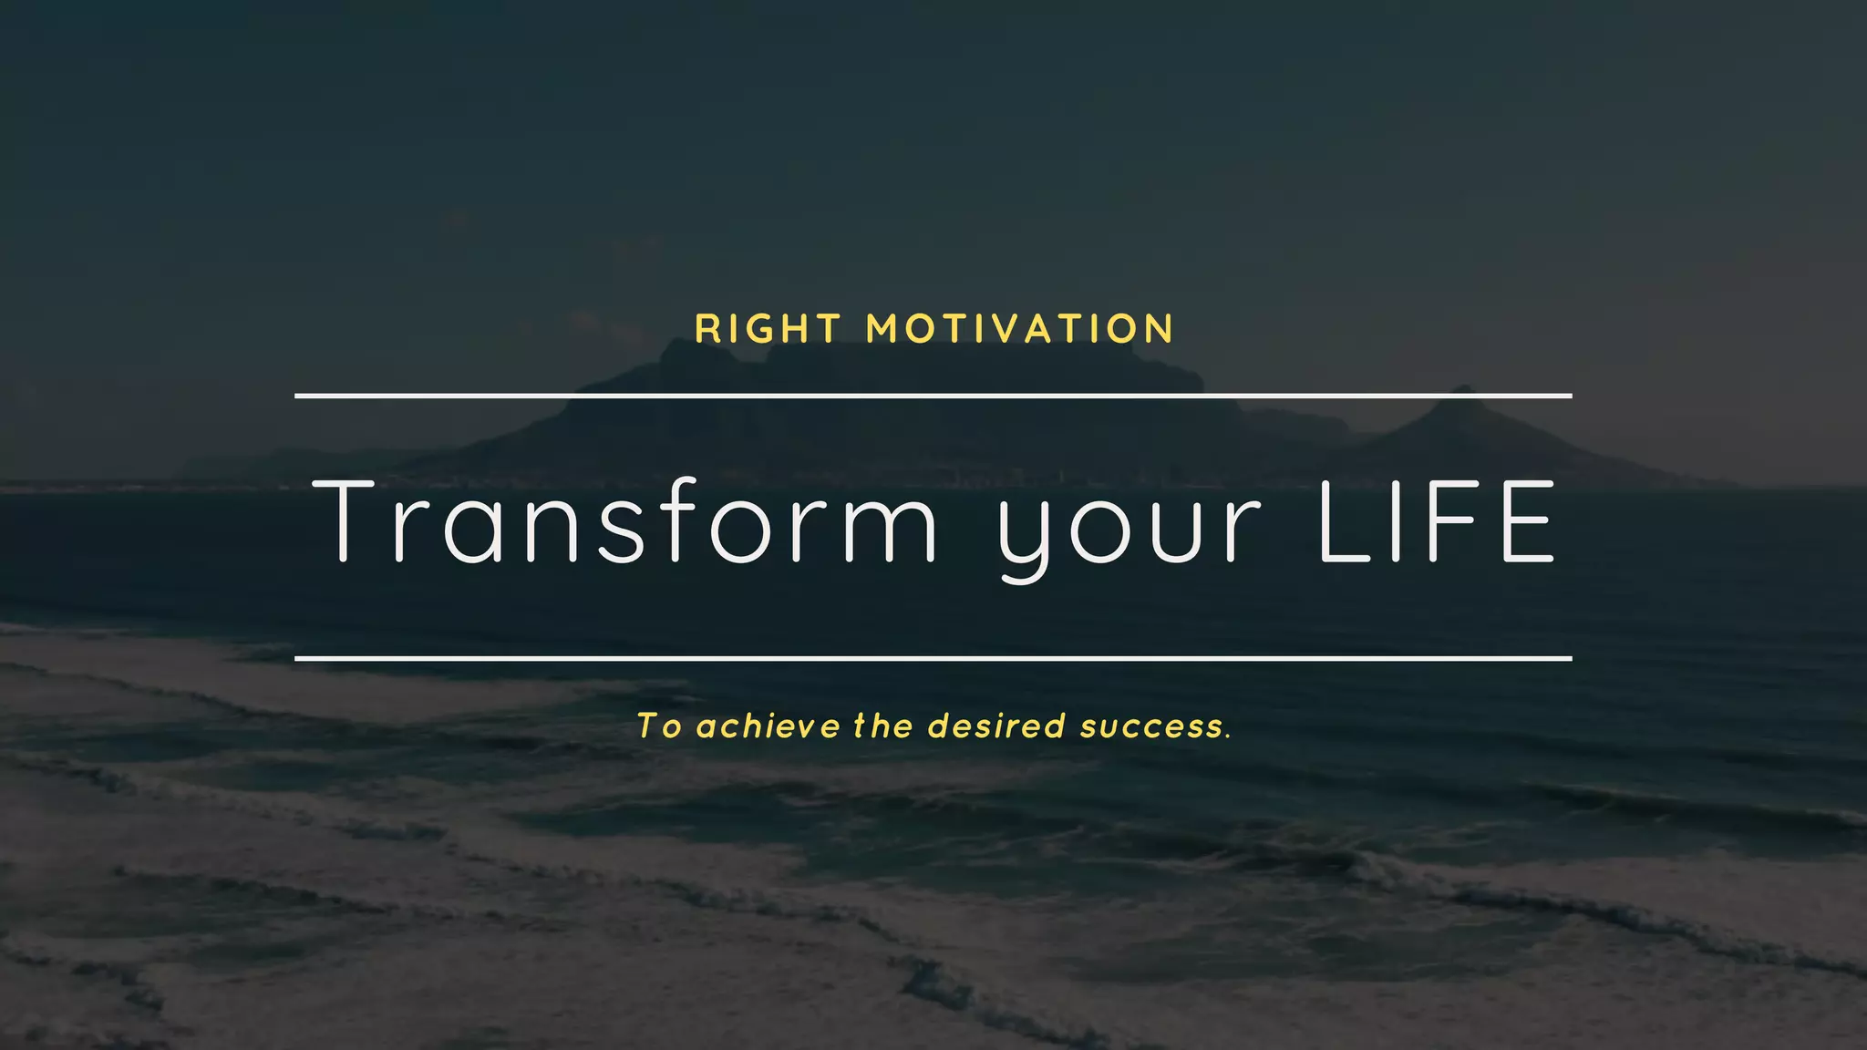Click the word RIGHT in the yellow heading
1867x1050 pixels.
tap(768, 329)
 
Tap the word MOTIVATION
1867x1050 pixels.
tap(1020, 329)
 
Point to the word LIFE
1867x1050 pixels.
tap(1437, 522)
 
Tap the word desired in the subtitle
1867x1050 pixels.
tap(996, 726)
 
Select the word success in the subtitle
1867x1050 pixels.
tap(1150, 726)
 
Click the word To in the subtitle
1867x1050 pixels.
tap(658, 726)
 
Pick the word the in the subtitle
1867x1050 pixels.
tap(883, 726)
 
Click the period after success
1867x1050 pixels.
tap(1229, 736)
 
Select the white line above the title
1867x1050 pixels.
tap(933, 396)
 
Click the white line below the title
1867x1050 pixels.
tap(933, 657)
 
